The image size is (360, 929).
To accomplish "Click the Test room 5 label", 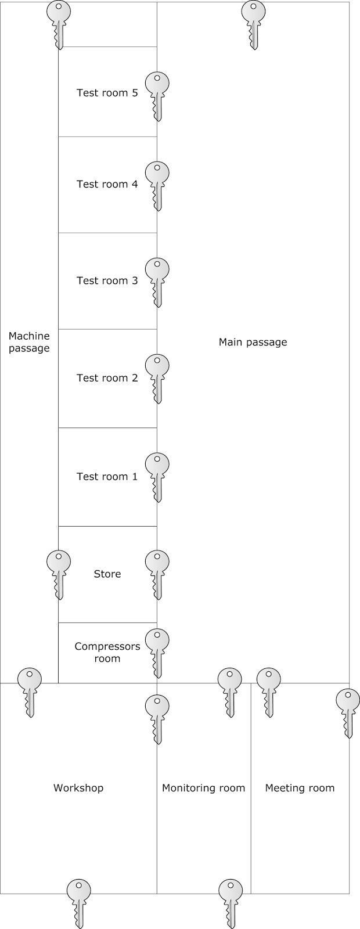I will point(107,92).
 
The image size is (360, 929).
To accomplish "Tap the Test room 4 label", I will point(107,184).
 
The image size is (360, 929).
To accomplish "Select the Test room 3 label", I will point(107,280).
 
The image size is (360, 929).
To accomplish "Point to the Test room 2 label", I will point(107,378).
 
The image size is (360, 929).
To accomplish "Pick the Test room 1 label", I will point(107,477).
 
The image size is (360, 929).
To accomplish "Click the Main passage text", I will point(253,342).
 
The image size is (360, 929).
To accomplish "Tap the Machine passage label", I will point(29,342).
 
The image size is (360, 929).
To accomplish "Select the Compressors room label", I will point(107,652).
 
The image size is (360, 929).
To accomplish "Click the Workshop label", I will point(78,788).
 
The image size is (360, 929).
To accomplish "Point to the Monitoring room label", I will point(203,788).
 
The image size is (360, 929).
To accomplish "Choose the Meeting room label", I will point(300,788).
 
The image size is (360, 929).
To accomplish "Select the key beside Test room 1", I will point(157,476).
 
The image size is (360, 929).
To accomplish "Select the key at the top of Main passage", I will point(253,23).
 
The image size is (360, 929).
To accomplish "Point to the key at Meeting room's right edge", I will point(348,711).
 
